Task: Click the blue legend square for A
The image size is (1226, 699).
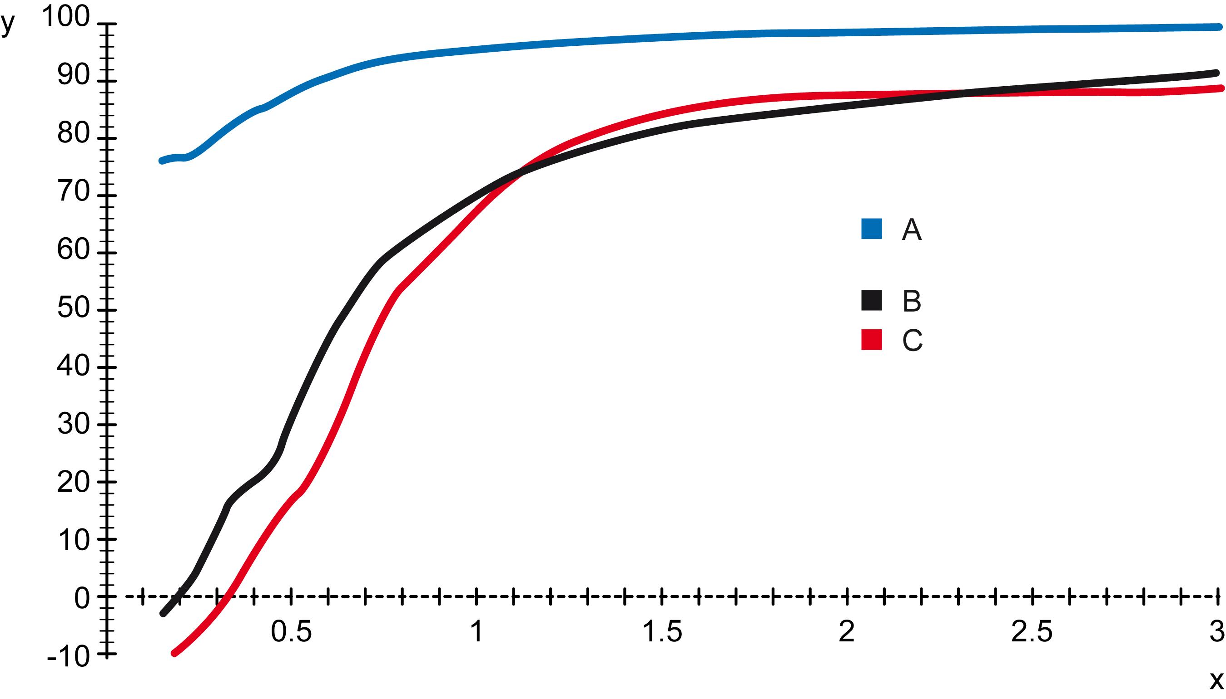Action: [871, 229]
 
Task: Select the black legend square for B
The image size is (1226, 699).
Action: [871, 301]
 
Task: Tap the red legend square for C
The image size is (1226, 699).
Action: [871, 340]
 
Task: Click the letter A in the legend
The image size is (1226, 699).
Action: [911, 230]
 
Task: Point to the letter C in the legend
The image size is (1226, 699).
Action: [912, 340]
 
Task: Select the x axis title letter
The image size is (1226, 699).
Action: [1216, 680]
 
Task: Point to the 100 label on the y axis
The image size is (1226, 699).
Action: [66, 18]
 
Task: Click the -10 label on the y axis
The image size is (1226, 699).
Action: [68, 657]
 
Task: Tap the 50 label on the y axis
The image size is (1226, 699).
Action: [73, 307]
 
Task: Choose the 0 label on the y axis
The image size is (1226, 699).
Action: [82, 598]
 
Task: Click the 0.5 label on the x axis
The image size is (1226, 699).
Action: [291, 631]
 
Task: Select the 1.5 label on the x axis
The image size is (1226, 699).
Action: [662, 631]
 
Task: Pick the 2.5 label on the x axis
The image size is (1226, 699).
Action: [1032, 631]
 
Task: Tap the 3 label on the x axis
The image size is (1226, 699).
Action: [1216, 631]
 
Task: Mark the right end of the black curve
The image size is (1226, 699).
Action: [1216, 73]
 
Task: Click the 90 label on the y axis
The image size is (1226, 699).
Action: [73, 75]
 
